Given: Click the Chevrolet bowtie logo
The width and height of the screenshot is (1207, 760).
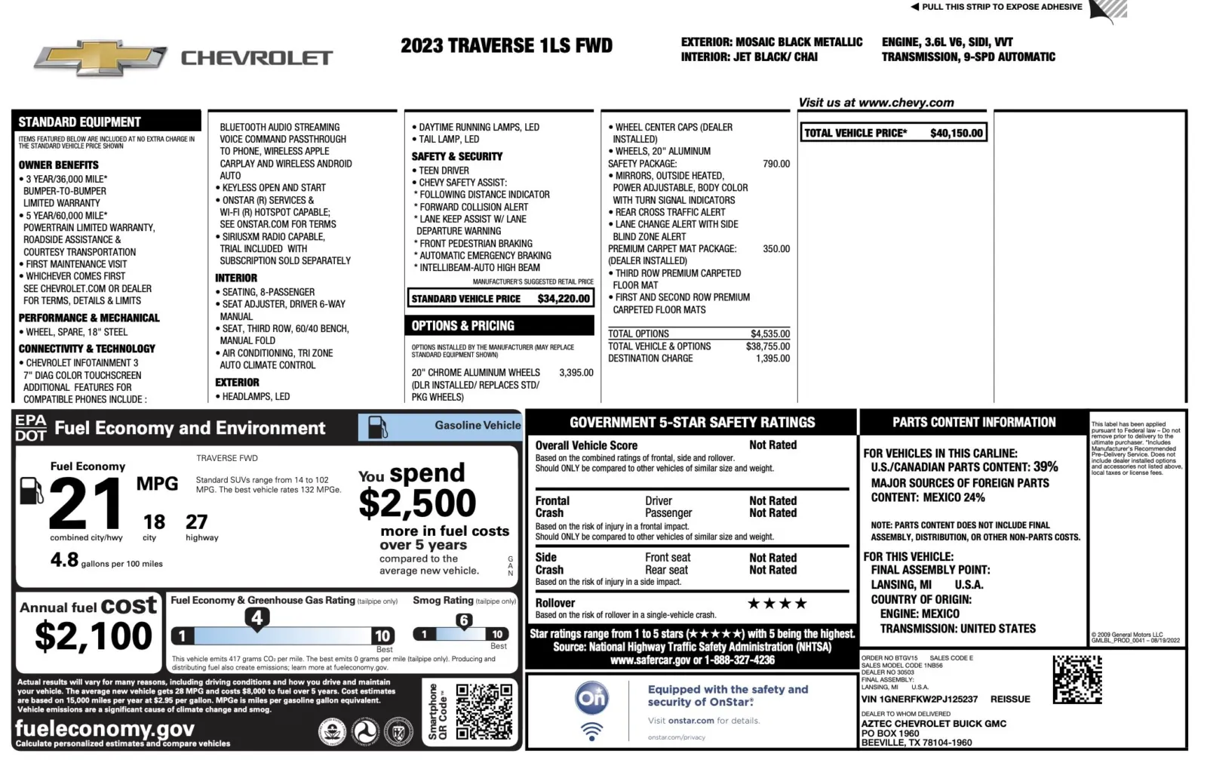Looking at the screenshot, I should [x=100, y=58].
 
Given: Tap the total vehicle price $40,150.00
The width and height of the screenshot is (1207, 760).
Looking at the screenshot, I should [x=956, y=134].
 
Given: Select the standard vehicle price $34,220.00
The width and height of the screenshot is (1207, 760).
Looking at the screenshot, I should [x=564, y=299].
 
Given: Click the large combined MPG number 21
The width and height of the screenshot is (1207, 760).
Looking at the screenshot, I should [x=85, y=504].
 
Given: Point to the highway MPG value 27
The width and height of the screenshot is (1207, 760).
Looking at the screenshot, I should [x=197, y=522].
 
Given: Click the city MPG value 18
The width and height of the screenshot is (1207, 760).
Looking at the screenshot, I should [x=154, y=522].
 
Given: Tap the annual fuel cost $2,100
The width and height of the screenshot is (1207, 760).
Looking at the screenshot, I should [x=94, y=636].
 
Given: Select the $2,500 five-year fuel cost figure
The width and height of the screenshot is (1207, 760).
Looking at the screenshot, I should [x=417, y=503].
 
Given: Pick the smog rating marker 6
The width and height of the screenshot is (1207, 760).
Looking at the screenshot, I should [x=464, y=621].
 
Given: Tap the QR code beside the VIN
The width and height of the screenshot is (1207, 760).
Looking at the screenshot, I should [x=1076, y=679].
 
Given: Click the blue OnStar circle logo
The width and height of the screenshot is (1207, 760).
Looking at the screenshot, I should [x=592, y=698].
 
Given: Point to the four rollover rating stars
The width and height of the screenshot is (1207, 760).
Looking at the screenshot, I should [x=777, y=604].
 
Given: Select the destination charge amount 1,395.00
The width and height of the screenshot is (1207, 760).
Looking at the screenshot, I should [x=772, y=358].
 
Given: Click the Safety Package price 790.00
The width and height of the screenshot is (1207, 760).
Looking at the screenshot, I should [x=776, y=164].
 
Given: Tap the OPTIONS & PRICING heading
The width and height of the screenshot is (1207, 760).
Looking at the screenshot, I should [x=463, y=326].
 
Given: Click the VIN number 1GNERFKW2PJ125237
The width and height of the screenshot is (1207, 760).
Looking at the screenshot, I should [x=919, y=700].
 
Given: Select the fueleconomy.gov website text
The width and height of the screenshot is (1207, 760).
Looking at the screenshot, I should [x=105, y=728].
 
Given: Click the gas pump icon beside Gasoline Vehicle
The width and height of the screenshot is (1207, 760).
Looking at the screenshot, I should [x=377, y=428].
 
